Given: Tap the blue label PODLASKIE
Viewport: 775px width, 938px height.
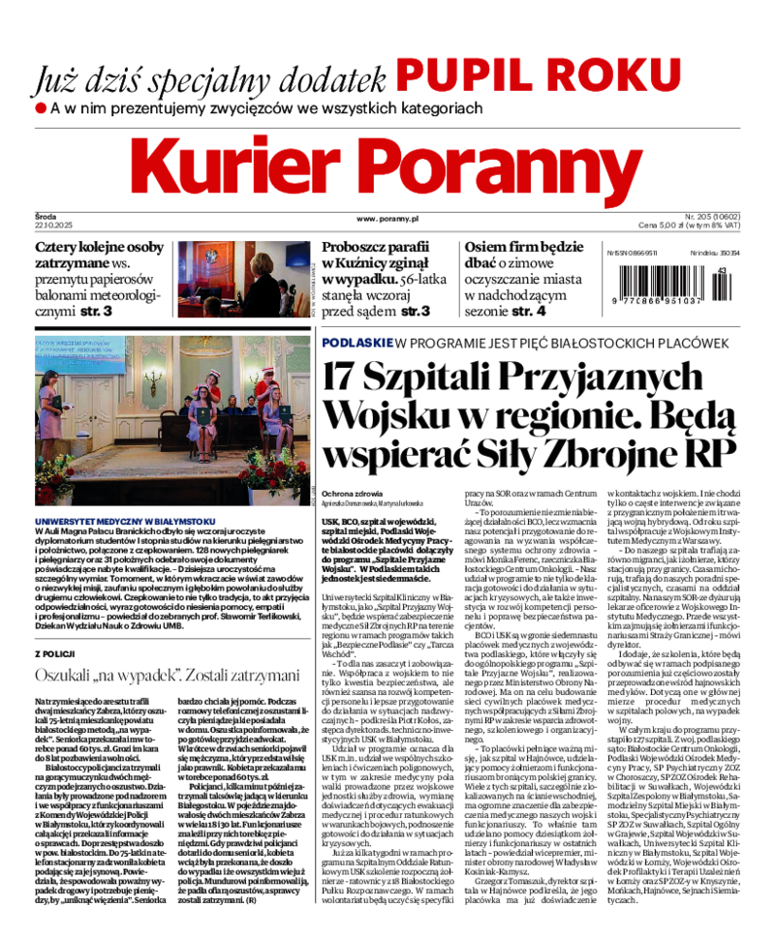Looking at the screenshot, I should tap(356, 343).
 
